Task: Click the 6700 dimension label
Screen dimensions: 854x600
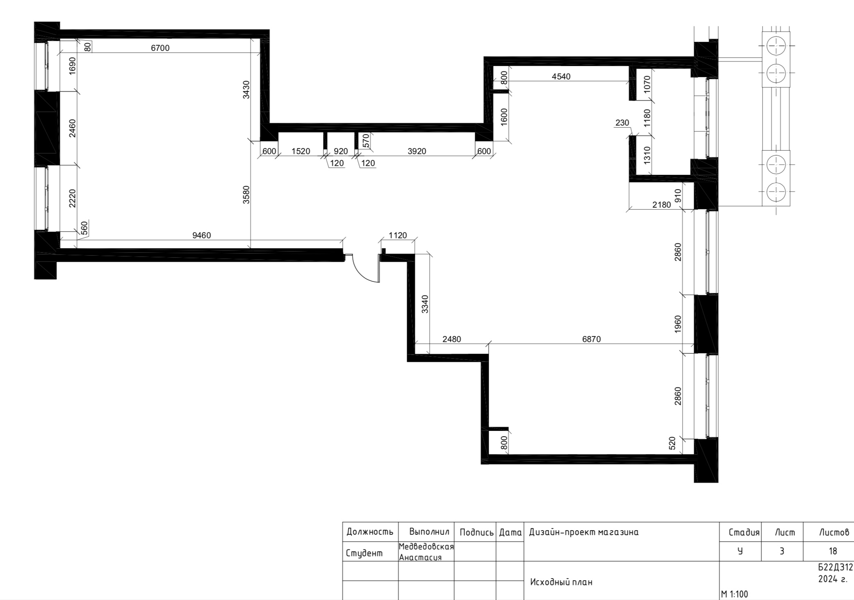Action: (x=160, y=48)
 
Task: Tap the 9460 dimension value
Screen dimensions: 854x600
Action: (x=201, y=235)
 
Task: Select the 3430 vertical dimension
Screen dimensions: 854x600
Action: (x=246, y=89)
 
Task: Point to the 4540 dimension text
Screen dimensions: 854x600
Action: (x=561, y=76)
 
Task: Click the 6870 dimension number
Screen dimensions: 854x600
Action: (x=591, y=339)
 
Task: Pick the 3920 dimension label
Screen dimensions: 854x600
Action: (x=417, y=151)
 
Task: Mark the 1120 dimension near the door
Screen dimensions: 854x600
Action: (x=397, y=235)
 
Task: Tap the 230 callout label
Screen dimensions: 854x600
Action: (x=622, y=123)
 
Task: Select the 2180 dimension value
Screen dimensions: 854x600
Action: (x=661, y=204)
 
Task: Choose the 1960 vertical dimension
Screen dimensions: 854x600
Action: (x=678, y=324)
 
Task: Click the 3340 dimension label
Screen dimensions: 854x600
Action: (x=425, y=304)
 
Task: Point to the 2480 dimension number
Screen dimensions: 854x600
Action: (x=451, y=339)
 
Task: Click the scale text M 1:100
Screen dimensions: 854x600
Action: (x=734, y=594)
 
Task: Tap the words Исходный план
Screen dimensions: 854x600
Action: (x=561, y=582)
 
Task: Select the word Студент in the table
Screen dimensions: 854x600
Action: (x=364, y=553)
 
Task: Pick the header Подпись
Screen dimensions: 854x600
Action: (x=476, y=533)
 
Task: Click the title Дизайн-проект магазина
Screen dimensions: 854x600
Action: (x=584, y=533)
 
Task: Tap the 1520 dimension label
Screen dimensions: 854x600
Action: (x=301, y=151)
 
